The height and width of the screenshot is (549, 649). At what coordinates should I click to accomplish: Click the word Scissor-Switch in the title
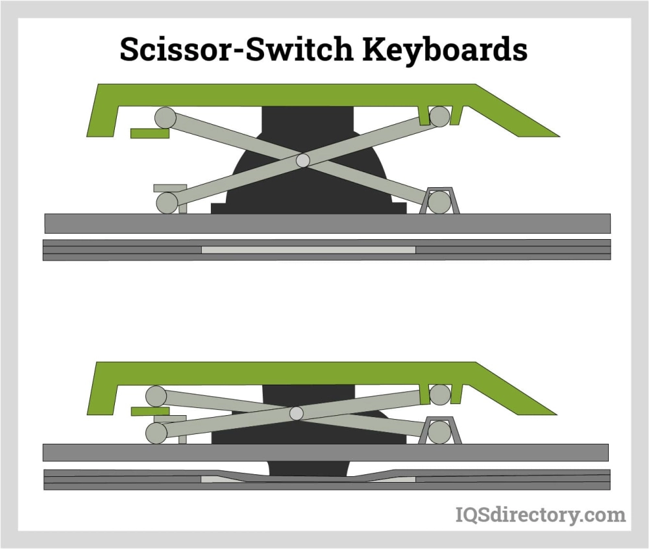point(236,49)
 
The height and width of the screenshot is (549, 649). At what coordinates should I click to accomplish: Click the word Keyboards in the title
point(445,49)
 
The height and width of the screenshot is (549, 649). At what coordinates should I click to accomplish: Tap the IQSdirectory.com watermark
point(541,515)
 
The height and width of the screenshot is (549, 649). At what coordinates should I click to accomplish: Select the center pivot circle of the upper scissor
point(303,160)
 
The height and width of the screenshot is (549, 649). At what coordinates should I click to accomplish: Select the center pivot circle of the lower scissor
point(297,413)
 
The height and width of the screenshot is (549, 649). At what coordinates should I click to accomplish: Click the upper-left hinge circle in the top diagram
point(165,118)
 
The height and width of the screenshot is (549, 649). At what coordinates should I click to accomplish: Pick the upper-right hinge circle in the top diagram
point(439,116)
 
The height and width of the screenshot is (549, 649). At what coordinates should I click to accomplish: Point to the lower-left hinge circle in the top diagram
point(167,203)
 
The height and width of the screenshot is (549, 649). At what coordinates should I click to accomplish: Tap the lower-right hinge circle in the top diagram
point(439,202)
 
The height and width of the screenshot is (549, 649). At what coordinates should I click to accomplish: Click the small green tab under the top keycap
point(150,133)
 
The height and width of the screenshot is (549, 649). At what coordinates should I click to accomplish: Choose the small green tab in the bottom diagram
point(151,411)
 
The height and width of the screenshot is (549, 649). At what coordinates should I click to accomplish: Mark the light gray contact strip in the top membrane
point(308,250)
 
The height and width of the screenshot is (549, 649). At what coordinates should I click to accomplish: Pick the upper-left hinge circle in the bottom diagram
point(156,396)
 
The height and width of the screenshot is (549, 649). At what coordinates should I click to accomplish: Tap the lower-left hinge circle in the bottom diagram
point(156,433)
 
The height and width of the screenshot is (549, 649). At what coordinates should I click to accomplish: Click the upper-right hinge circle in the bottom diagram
point(440,394)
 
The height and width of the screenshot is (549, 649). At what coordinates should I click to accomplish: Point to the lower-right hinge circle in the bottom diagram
point(439,432)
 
